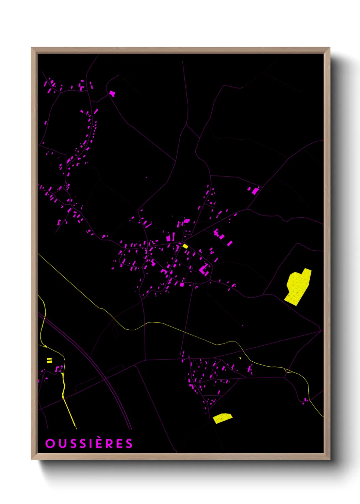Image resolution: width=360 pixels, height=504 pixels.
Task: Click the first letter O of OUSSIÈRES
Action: coord(50,443)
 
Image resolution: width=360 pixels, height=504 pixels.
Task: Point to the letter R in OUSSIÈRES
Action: coord(109,443)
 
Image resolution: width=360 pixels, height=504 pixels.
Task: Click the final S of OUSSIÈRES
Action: coord(129,443)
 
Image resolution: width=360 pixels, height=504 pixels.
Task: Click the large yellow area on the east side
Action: coord(298,286)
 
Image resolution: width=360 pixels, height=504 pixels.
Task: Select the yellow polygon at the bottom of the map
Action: coord(222,418)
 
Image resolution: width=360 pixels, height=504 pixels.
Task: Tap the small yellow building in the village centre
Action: coord(185,246)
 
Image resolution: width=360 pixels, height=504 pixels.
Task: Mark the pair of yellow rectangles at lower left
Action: coord(49,360)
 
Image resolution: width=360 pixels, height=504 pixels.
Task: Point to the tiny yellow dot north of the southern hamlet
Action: coord(240,358)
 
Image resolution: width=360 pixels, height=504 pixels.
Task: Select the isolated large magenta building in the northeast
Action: coord(255,191)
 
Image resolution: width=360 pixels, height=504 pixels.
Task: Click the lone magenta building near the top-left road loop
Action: coord(112,93)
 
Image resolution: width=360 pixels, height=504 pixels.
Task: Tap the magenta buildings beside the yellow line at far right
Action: coord(305,400)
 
